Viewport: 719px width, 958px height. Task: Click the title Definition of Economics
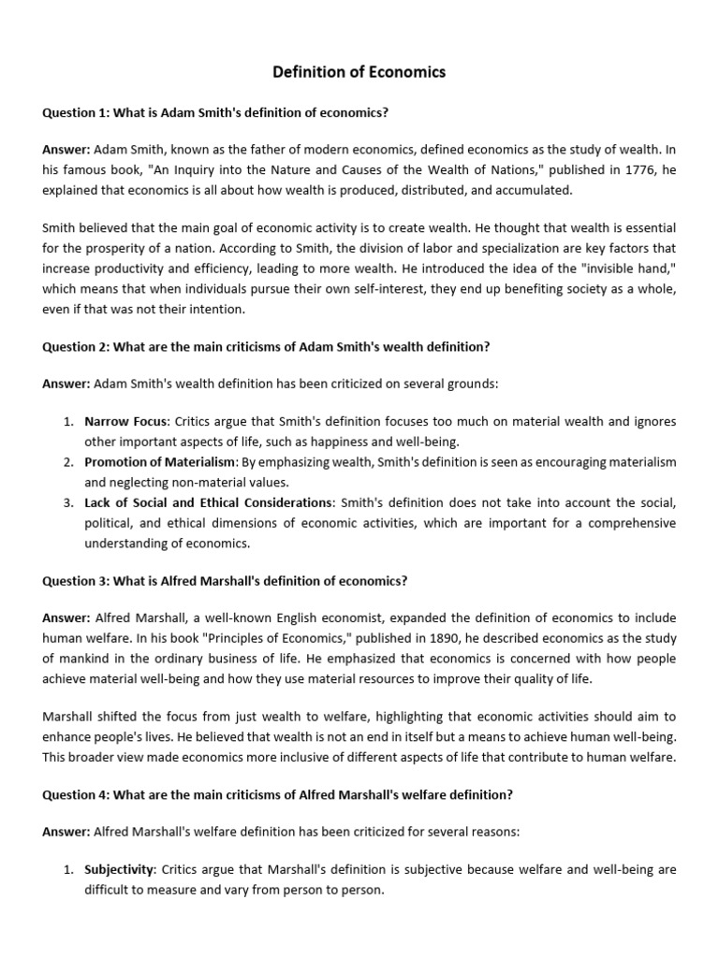point(359,72)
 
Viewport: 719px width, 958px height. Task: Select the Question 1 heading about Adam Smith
point(215,112)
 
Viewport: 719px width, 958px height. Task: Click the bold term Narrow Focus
point(120,422)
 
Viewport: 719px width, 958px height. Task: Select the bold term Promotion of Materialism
point(160,462)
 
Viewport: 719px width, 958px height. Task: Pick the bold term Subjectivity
point(118,870)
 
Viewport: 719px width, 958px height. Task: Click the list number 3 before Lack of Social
point(69,503)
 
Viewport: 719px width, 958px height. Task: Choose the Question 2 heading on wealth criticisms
point(266,346)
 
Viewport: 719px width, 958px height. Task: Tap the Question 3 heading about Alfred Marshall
point(225,580)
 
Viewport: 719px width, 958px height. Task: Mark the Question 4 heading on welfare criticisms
point(277,795)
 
